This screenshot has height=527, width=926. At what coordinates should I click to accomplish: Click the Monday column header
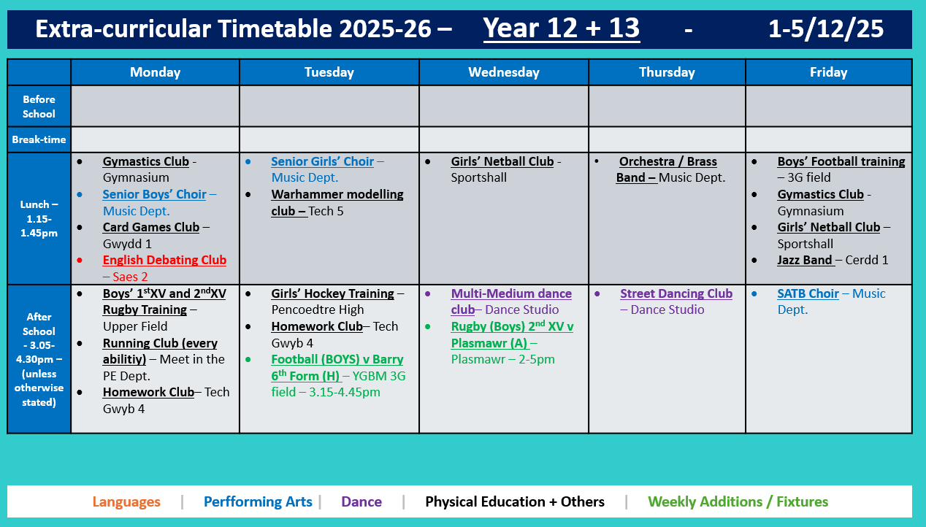coord(155,72)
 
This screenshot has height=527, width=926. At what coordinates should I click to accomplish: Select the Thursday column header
coord(667,72)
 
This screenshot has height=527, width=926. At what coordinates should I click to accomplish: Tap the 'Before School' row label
coord(39,107)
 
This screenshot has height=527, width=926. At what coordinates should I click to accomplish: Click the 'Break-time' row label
coord(39,139)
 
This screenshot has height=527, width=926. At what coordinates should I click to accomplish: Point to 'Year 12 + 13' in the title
coord(561,28)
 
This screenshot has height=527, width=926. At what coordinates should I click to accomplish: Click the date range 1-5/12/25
coord(825,28)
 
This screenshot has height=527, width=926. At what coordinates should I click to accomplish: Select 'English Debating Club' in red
coord(164,261)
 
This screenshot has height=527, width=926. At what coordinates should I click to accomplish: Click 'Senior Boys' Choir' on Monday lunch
coord(154,195)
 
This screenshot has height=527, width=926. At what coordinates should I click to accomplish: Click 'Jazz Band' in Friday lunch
coord(805,261)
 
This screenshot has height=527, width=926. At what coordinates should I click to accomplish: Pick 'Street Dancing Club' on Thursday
coord(676,294)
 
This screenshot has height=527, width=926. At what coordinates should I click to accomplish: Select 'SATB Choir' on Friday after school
coord(808,294)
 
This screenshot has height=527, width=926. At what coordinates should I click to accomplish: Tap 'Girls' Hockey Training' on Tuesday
coord(332,294)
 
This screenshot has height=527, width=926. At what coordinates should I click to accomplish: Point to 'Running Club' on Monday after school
coord(160,344)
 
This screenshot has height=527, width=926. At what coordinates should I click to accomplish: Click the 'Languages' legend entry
coord(126,502)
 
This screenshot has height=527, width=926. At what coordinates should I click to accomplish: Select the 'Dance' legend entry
coord(361,502)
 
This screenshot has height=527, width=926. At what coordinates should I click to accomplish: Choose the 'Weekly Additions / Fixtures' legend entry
coord(738,502)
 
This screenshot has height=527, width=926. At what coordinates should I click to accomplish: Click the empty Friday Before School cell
coord(828,107)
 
